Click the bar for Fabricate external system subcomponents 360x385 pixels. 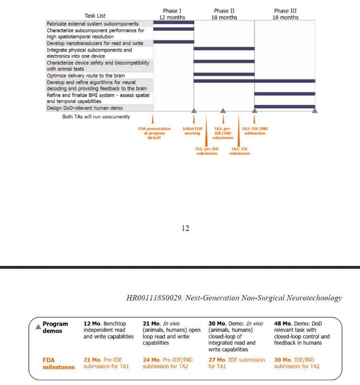point(173,22)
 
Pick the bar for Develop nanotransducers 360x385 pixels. point(173,42)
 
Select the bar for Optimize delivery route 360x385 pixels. point(224,74)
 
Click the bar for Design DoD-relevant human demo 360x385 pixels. point(284,107)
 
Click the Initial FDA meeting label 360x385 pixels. point(192,131)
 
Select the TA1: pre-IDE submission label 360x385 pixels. point(207,152)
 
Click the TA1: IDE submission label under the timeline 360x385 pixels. point(239,152)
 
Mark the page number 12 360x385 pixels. point(185,228)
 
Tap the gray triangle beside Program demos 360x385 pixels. point(38,327)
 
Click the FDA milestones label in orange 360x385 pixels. point(55,363)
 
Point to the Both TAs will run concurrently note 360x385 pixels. point(96,117)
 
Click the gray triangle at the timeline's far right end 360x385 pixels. point(315,110)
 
